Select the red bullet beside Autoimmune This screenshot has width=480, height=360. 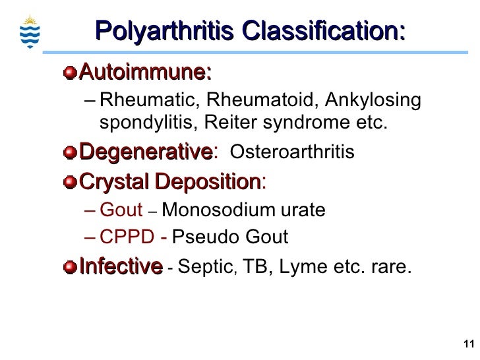71,71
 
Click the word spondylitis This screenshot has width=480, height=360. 148,123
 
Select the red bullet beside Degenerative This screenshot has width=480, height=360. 71,153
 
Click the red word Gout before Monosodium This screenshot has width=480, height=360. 121,210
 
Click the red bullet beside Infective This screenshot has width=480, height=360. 71,267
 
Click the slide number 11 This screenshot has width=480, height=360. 468,344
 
